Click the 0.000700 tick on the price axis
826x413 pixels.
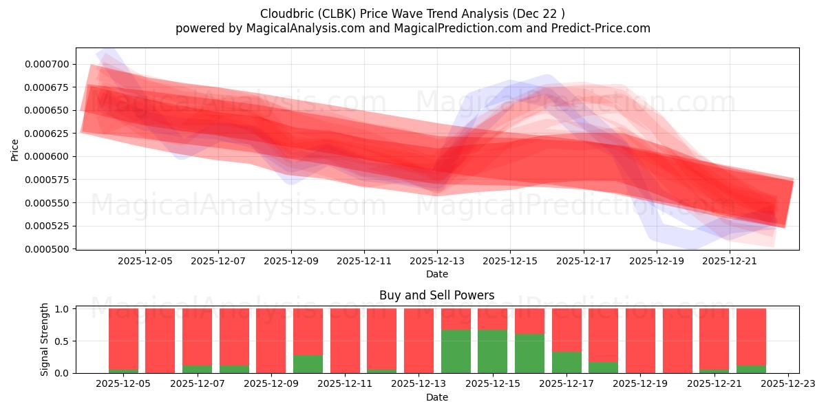click(46, 64)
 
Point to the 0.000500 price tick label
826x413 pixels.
click(46, 249)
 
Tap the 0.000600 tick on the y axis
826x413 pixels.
click(46, 156)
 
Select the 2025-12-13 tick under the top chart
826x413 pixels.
click(437, 262)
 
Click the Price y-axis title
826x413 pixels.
click(15, 149)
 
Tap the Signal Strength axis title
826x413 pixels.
click(45, 339)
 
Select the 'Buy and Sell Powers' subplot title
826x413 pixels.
click(437, 295)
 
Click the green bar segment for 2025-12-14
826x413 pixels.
click(456, 351)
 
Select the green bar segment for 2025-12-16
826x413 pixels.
click(529, 353)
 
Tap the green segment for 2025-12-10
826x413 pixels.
click(308, 363)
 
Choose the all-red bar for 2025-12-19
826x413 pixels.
click(640, 341)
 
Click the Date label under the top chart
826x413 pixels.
click(437, 274)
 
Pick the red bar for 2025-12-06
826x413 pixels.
click(160, 341)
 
